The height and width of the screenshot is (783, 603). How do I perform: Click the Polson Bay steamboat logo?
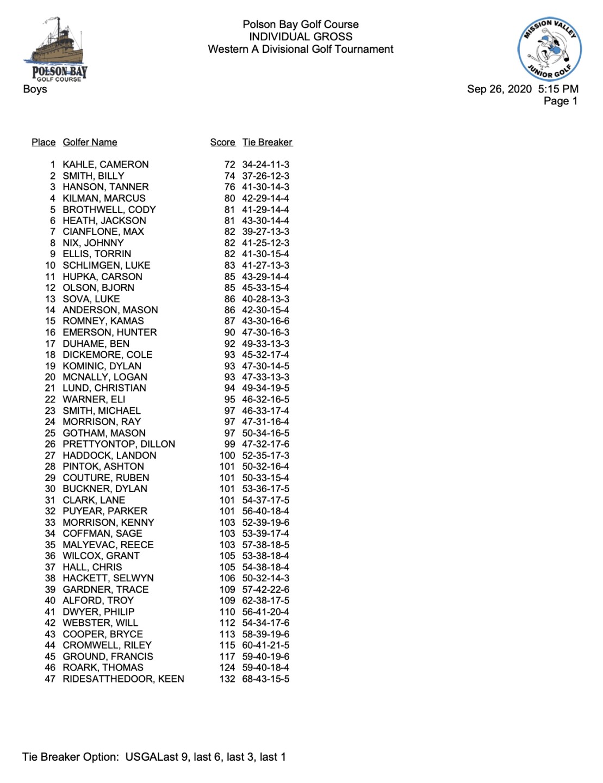pos(55,49)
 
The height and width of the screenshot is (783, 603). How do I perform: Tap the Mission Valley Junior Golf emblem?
pos(549,49)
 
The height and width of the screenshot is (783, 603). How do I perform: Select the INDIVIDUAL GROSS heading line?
pos(301,36)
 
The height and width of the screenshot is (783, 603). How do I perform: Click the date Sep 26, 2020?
pos(499,89)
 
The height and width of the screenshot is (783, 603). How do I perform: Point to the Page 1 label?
pos(560,101)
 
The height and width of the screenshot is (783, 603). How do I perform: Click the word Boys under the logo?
pos(35,89)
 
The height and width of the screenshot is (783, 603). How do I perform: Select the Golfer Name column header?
pos(90,142)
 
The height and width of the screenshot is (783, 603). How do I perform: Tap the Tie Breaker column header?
pos(267,142)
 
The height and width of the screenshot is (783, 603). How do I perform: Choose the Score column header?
pos(222,142)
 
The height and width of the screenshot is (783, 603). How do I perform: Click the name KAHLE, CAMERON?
pos(105,165)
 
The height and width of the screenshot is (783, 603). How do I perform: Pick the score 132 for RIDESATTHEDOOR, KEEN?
pos(227,679)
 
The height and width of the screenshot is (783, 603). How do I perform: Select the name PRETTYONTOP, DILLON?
pos(119,444)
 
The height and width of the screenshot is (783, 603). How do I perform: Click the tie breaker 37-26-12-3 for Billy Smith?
pos(265,176)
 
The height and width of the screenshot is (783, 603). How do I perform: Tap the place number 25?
pos(50,433)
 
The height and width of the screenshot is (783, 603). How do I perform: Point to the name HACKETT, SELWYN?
pos(108,578)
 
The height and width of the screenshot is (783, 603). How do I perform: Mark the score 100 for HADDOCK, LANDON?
pos(227,456)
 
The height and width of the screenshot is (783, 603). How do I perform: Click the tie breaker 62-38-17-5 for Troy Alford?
pos(265,601)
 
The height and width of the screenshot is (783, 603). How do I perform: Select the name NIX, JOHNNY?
pos(93,243)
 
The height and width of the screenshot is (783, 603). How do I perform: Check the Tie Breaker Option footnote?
pos(154,757)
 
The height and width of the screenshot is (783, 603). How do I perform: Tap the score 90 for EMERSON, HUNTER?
pos(229,332)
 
